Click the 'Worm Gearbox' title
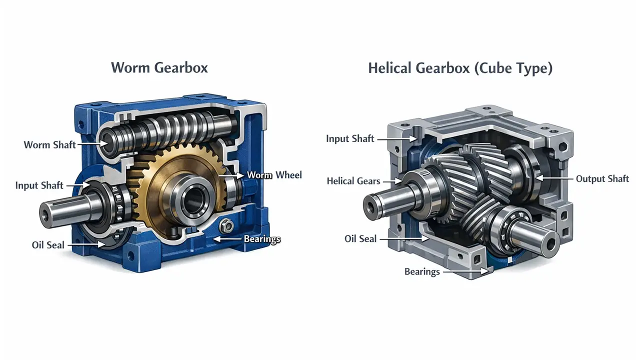[x=159, y=68]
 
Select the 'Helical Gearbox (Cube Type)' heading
[x=460, y=68]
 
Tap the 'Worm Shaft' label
[x=49, y=145]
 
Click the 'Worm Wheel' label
[x=274, y=175]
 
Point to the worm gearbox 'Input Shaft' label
[x=39, y=185]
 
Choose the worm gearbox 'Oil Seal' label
[x=48, y=245]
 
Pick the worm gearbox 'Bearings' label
[x=262, y=239]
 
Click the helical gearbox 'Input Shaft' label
[x=350, y=138]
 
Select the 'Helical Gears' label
[x=353, y=181]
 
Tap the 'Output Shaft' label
[x=602, y=179]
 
